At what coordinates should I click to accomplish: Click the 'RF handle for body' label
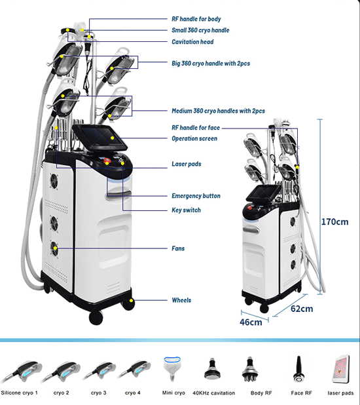[196, 19]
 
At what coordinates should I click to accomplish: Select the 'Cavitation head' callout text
[192, 42]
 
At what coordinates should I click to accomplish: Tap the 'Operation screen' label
[194, 138]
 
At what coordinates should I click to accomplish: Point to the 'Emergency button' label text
[196, 196]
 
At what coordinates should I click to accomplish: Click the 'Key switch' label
[186, 210]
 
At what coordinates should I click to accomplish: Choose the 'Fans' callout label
[178, 248]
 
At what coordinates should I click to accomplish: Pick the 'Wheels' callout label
[181, 300]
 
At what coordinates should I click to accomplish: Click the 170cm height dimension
[334, 222]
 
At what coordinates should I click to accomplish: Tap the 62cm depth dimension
[302, 309]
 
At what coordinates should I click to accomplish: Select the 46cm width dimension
[251, 322]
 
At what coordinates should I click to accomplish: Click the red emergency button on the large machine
[107, 161]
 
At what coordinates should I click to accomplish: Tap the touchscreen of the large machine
[99, 137]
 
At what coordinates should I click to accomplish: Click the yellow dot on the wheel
[131, 300]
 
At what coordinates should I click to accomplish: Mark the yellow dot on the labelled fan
[55, 248]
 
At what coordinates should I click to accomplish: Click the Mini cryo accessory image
[172, 368]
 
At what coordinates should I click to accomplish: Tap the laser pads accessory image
[341, 370]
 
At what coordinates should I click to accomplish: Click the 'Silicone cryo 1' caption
[20, 393]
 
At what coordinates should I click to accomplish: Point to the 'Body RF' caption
[261, 393]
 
